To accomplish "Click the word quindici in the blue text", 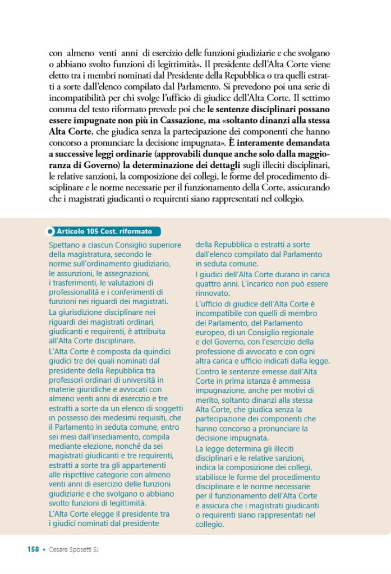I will tap(165, 351).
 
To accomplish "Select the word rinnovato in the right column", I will tap(213, 293).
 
